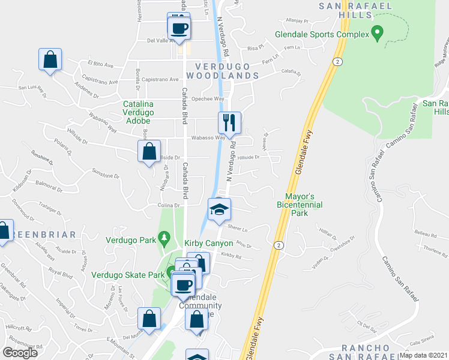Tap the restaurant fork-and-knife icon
pos(229,123)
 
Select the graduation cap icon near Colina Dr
pos(219,210)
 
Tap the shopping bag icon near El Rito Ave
pos(50,59)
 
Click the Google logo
pos(20,352)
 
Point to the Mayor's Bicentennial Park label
pos(300,205)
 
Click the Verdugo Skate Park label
pos(128,275)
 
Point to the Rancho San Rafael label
pos(370,352)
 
